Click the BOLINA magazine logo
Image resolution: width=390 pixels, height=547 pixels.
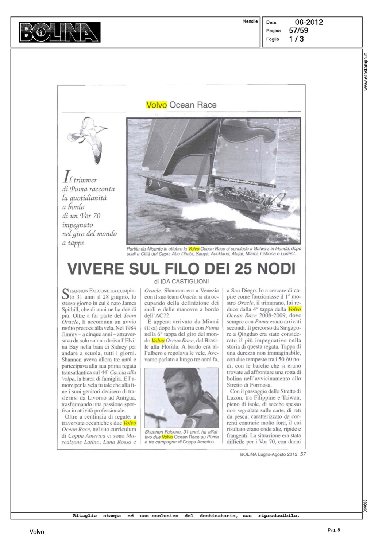click(x=60, y=32)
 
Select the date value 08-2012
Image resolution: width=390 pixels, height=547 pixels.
click(x=309, y=22)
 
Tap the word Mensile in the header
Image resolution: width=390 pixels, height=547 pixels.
click(x=250, y=22)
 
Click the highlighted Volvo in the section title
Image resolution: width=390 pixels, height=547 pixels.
click(x=156, y=105)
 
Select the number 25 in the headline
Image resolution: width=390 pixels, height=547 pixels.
click(x=244, y=269)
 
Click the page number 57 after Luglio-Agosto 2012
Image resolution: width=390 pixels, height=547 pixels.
click(x=303, y=454)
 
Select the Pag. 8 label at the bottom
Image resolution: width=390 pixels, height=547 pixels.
click(x=333, y=530)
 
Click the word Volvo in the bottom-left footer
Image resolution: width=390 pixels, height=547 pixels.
click(x=37, y=532)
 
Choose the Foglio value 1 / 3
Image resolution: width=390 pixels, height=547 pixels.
click(x=296, y=39)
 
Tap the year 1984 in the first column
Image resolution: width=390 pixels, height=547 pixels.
click(x=129, y=328)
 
